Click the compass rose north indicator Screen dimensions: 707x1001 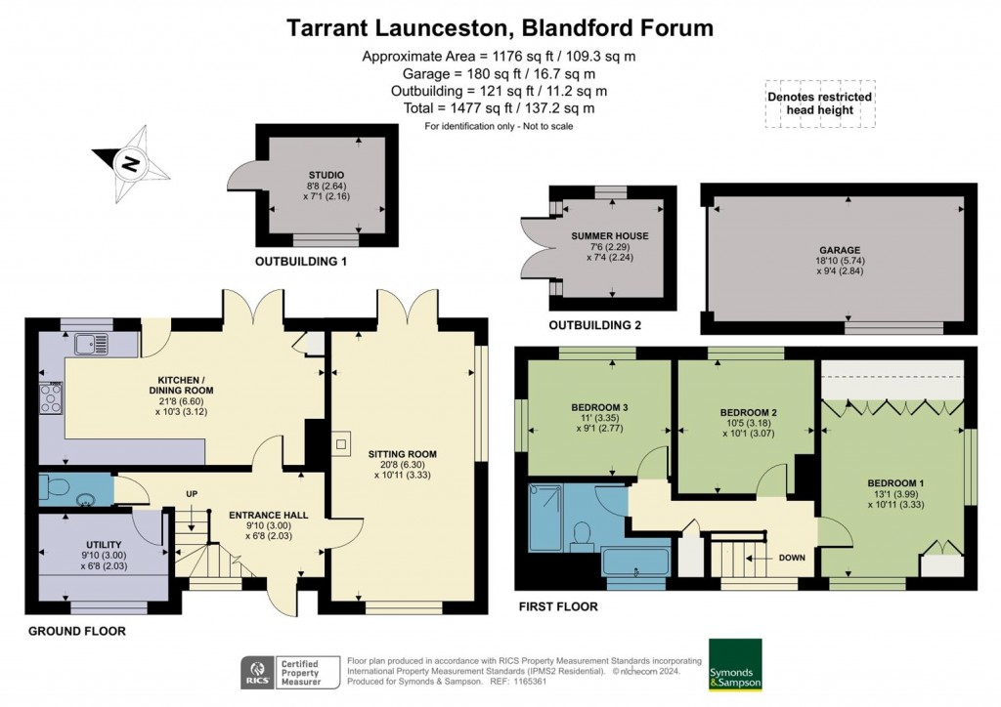click(x=128, y=164)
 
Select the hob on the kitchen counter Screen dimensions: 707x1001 click(x=51, y=397)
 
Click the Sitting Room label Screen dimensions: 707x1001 click(x=402, y=454)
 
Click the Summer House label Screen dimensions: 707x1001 click(x=610, y=236)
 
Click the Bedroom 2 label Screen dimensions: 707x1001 click(x=747, y=413)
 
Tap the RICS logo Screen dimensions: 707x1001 click(x=259, y=671)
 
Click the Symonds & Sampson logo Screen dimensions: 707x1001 click(x=735, y=666)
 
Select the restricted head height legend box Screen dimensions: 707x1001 click(x=819, y=104)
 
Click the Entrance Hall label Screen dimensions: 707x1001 click(x=259, y=515)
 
